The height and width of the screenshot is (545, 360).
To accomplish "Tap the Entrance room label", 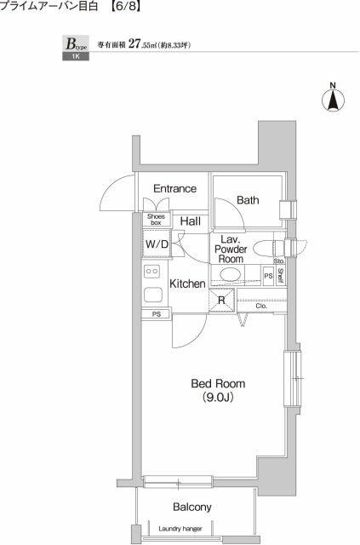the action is pos(174,189).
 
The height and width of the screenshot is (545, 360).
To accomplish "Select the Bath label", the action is pos(248,200).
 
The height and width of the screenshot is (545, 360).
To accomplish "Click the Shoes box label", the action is pos(156,220).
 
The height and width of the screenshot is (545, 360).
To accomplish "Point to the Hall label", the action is pos(191,221).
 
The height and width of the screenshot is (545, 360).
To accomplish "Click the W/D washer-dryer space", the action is pos(157,244).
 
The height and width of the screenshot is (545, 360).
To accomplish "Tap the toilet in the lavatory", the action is pos(267,249).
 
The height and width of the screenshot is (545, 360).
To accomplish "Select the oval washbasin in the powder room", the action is pos(230,274).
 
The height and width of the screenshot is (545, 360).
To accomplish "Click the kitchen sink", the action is pos(152,295).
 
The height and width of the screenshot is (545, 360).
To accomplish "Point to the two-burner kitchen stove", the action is pos(152,271).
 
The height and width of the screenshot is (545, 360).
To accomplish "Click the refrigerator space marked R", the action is pos(221,300).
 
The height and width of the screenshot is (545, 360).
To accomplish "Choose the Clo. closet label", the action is pos(261,306).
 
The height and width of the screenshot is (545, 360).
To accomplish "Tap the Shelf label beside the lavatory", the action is pos(280,276).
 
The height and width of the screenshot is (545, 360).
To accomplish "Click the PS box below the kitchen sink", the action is pos(157,314).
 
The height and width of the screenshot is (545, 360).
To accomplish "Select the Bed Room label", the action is pos(218,384).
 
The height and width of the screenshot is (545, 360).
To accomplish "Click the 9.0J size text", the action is pos(218,398).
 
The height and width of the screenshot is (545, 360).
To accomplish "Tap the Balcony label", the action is pos(191,508).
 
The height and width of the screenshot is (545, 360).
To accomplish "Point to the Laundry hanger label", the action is pos(180,529).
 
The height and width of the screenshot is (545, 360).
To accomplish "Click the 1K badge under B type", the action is pos(76,56).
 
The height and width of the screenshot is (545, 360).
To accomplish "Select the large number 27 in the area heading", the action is pos(134,43).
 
